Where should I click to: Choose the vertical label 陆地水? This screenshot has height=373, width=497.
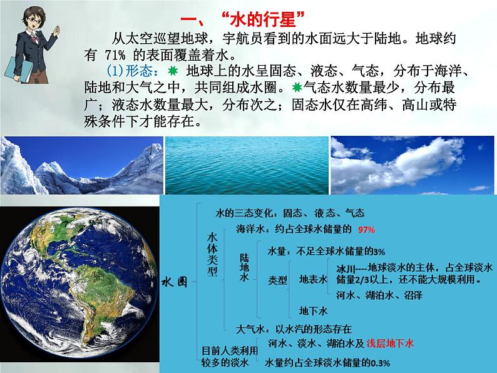(x=245, y=268)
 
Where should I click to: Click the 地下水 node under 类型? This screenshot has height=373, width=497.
(x=313, y=310)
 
